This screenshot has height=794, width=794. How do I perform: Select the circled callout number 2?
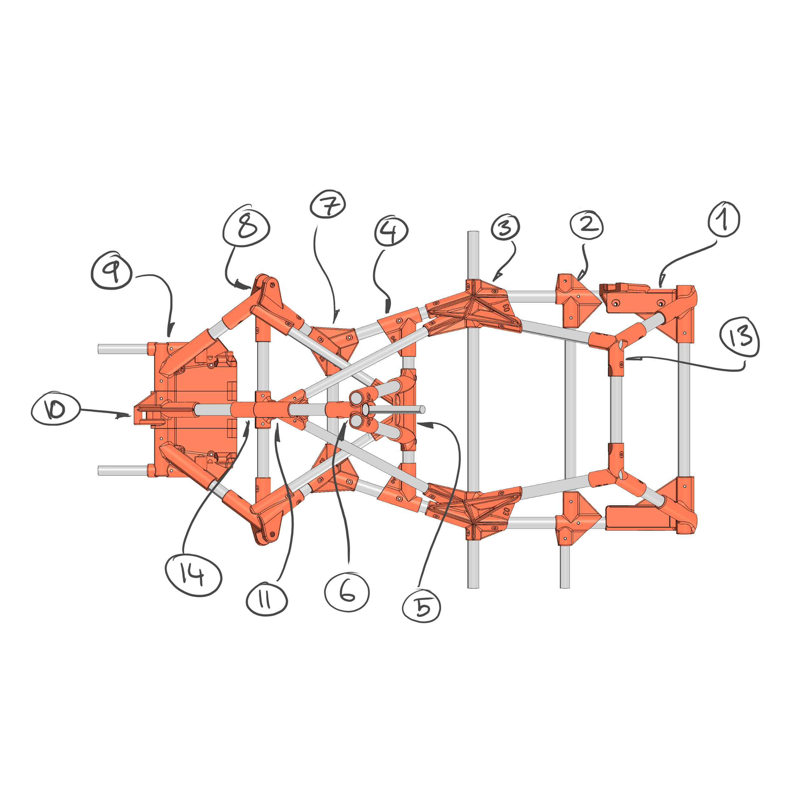click(587, 225)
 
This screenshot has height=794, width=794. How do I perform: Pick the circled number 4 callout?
click(391, 231)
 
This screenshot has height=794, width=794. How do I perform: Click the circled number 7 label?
click(327, 204)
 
